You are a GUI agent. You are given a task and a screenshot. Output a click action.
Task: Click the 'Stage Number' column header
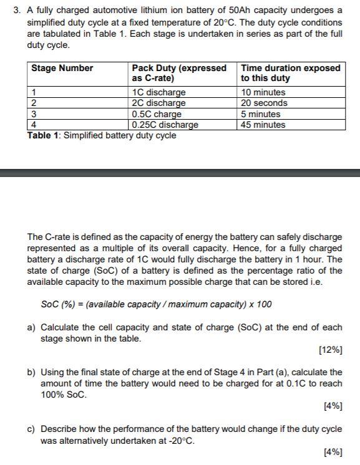(62, 68)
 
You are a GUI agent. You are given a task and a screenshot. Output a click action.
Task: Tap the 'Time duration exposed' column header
(290, 73)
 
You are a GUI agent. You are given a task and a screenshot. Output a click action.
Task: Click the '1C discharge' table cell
(159, 92)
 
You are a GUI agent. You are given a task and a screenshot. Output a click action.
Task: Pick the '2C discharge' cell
(159, 103)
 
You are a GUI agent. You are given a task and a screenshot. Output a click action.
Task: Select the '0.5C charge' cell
(157, 114)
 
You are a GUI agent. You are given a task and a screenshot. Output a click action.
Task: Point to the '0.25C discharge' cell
(165, 125)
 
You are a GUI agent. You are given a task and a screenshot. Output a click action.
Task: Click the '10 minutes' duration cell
(263, 92)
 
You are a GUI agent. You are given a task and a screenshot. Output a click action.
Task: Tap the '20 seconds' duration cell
(265, 103)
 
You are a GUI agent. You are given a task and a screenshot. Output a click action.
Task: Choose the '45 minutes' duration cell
(263, 125)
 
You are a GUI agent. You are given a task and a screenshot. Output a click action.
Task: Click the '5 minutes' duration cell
(261, 114)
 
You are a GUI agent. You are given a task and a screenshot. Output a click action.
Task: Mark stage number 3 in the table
(34, 114)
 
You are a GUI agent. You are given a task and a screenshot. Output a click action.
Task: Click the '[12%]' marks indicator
(330, 350)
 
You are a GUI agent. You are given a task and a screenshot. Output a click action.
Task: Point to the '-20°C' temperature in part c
(182, 441)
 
